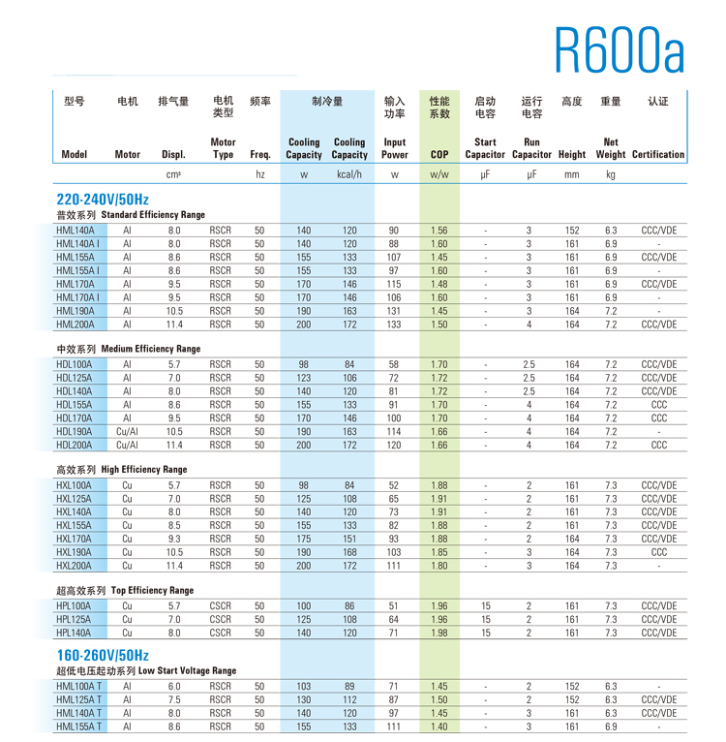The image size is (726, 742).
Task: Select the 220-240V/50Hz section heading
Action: click(x=103, y=198)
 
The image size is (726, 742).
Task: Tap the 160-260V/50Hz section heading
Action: click(x=103, y=655)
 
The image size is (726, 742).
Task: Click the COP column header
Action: click(x=439, y=154)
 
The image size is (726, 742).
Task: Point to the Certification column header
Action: click(x=658, y=154)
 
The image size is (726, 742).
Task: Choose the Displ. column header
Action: click(x=173, y=154)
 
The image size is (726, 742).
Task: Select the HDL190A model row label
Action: click(x=75, y=432)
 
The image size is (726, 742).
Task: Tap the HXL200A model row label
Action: click(x=75, y=566)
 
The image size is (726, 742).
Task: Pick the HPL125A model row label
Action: click(x=75, y=619)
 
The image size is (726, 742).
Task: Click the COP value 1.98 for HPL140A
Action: click(x=439, y=633)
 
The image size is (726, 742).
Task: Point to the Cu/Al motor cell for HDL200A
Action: click(x=127, y=446)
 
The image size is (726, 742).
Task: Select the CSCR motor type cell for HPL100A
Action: click(x=221, y=605)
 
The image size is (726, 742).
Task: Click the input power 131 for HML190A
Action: click(x=394, y=311)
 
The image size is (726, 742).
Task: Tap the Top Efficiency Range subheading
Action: click(x=125, y=590)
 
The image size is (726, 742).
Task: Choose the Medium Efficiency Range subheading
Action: click(x=128, y=349)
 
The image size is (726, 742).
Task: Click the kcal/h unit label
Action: click(x=349, y=175)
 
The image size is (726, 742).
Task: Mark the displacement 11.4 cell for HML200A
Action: click(x=173, y=325)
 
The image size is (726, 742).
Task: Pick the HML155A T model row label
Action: click(x=79, y=726)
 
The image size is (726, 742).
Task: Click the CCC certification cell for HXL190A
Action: click(x=658, y=552)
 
